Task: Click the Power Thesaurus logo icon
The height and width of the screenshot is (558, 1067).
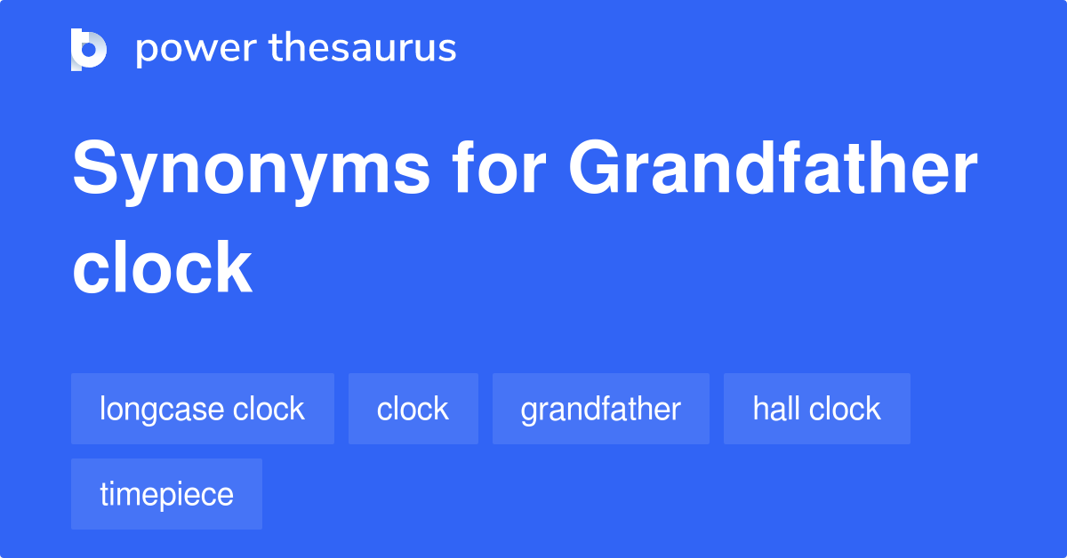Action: click(89, 49)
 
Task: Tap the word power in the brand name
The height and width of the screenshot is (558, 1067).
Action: click(195, 49)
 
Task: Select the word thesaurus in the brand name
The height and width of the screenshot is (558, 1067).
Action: click(363, 49)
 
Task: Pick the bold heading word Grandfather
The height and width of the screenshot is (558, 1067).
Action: click(774, 171)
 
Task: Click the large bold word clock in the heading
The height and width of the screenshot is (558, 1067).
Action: click(163, 267)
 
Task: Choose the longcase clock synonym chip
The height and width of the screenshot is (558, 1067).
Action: click(203, 409)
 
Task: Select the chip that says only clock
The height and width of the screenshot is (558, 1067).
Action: click(413, 409)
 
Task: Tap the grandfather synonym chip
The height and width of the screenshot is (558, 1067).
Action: click(601, 409)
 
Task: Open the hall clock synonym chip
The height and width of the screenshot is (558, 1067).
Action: click(816, 409)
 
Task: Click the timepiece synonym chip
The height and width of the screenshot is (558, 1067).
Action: click(166, 494)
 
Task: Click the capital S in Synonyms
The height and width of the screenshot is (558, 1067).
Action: click(95, 171)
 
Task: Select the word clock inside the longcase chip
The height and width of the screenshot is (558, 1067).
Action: click(269, 409)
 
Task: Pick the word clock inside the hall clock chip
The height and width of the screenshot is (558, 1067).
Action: click(845, 409)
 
